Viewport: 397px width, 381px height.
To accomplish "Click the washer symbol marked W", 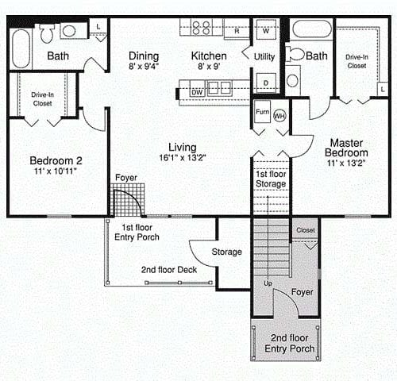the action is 266,30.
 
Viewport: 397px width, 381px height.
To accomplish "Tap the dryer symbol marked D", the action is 266,83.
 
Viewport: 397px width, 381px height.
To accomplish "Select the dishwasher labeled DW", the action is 197,89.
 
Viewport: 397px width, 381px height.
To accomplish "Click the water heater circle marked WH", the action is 279,116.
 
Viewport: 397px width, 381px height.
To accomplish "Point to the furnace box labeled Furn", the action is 262,112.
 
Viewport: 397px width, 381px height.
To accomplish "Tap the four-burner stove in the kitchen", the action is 202,28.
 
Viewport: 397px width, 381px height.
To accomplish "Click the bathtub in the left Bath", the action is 21,49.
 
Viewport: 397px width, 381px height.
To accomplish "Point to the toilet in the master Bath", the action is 295,55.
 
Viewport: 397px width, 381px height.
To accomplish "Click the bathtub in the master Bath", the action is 312,29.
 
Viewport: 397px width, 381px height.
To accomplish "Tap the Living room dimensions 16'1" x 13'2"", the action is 183,158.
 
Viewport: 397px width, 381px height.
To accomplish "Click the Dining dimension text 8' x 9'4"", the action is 144,66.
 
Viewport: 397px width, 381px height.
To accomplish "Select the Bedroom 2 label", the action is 56,160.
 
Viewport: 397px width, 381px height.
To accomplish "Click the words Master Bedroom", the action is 346,148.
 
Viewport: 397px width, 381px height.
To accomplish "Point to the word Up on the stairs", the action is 268,283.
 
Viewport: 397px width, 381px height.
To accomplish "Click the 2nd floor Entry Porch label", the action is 290,343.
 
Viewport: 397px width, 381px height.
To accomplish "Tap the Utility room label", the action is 264,56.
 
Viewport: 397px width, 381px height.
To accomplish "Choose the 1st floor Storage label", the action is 271,179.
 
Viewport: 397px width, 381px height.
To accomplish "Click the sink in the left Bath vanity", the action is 69,31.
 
